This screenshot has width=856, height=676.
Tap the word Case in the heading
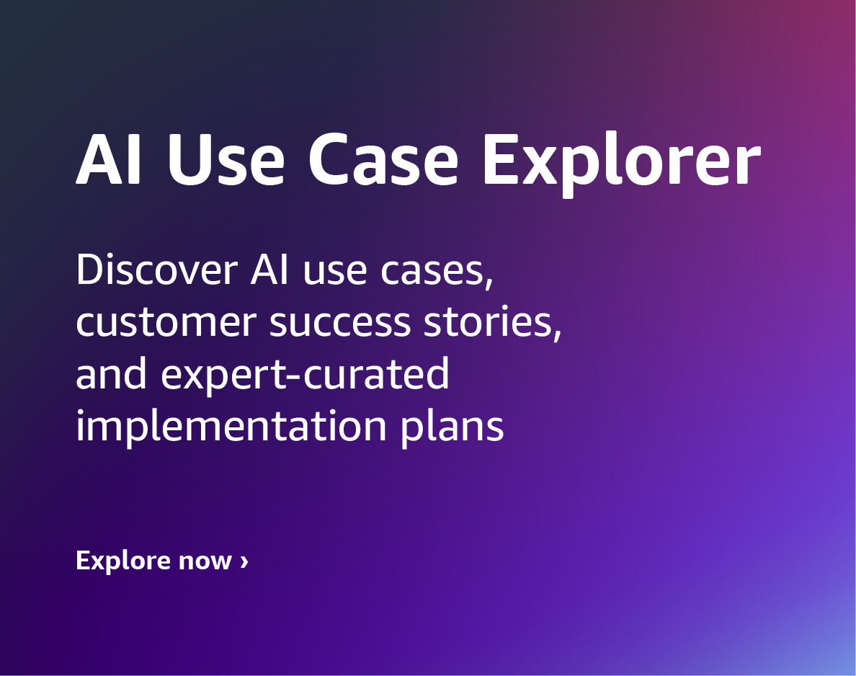click(x=383, y=159)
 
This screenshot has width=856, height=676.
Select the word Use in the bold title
click(x=226, y=159)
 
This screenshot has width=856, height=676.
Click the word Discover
click(x=156, y=270)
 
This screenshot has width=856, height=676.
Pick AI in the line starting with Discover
click(x=269, y=270)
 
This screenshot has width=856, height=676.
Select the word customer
click(x=166, y=322)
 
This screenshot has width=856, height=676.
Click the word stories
click(x=488, y=322)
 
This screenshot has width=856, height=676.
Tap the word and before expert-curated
click(x=112, y=373)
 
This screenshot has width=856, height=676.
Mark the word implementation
click(x=231, y=426)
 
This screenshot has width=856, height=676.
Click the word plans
click(x=452, y=426)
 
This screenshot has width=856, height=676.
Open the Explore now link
click(x=162, y=561)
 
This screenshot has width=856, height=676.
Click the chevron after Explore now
click(x=244, y=561)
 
